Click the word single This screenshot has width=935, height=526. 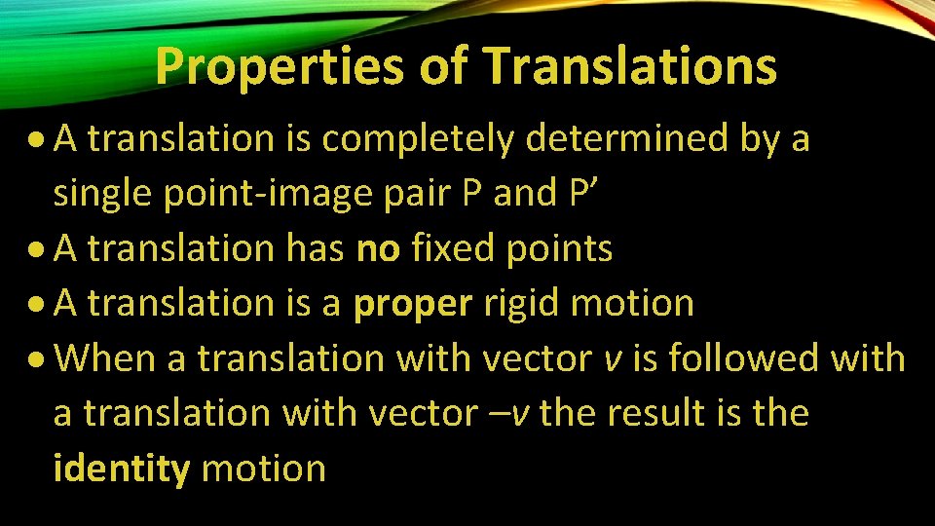tap(100, 195)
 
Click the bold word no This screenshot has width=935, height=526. tap(378, 249)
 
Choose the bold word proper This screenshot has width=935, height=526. tap(413, 304)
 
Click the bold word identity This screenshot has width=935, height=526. tap(122, 469)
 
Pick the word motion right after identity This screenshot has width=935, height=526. tap(263, 469)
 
